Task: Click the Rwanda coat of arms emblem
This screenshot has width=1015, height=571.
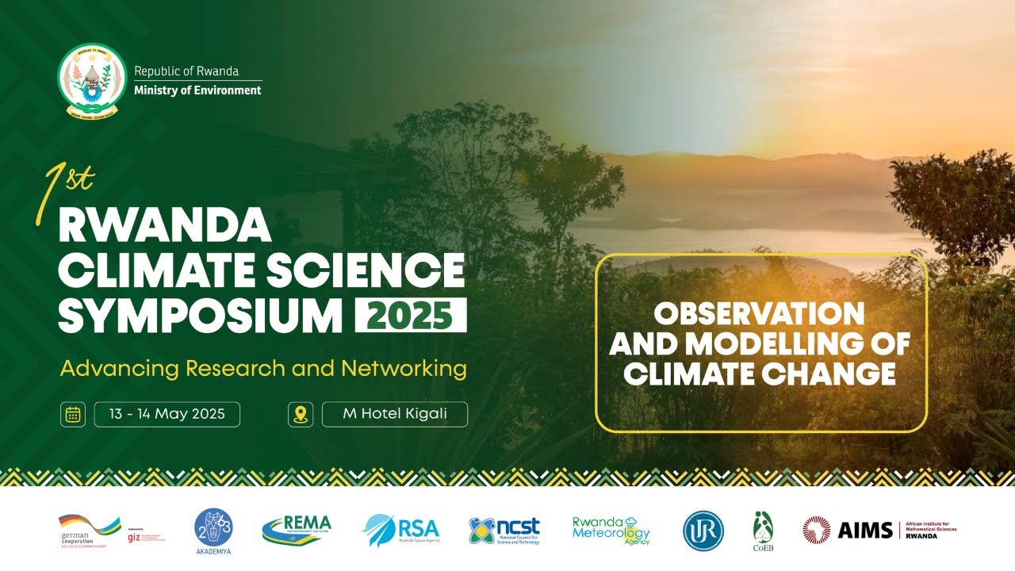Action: pos(92,80)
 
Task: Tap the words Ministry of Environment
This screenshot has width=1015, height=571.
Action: pos(197,90)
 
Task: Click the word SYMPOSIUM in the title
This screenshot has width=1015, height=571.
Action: pos(201,315)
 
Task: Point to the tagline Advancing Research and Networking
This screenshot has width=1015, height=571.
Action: pos(263,369)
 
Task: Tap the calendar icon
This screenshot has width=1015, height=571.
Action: pos(73,415)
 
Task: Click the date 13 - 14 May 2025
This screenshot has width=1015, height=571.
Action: pos(167,414)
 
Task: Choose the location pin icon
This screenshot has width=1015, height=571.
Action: pos(300,415)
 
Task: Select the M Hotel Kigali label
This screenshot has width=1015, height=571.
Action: pos(395,414)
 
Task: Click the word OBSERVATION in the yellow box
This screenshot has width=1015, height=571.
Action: pos(759,314)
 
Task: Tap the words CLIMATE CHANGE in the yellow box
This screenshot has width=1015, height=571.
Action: pos(759,374)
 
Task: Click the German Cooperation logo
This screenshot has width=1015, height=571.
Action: pos(89,529)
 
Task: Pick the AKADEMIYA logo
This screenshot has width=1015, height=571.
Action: pos(213,530)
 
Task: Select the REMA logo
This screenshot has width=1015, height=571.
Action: pos(297,529)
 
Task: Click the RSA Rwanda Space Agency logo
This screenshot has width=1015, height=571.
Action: pos(400,530)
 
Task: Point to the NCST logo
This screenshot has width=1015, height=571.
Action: pos(504,530)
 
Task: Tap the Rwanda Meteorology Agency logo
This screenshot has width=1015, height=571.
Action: pos(611,530)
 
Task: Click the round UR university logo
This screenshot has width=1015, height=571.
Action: pos(703,531)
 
